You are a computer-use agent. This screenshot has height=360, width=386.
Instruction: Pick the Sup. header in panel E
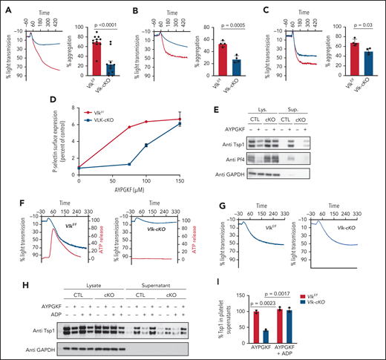(294, 109)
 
